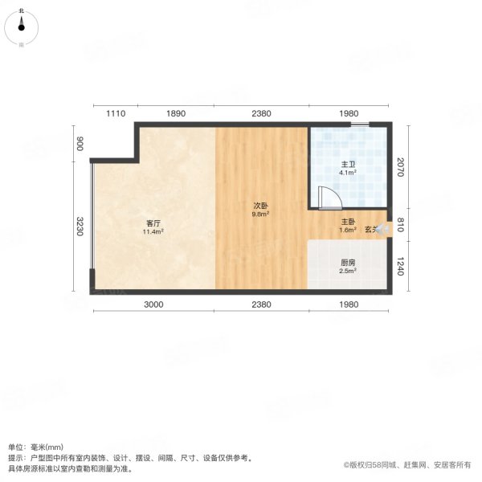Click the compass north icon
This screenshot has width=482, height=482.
point(21,26)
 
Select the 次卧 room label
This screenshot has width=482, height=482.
point(260,206)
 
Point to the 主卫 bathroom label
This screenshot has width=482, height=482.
point(347,164)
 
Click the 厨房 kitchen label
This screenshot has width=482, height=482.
point(348,263)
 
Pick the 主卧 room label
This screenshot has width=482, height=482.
point(348,223)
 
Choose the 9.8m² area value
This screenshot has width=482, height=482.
point(260,214)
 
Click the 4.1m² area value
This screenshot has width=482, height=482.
point(347,173)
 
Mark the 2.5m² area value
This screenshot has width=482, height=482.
point(348,272)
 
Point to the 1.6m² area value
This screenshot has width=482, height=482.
point(348,231)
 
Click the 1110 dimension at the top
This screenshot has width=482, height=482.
point(116,114)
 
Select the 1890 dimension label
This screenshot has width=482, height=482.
point(175,114)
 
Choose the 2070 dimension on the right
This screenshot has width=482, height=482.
point(401,168)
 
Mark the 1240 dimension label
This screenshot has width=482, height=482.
point(401,265)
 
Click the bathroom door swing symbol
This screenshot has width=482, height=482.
point(329,198)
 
